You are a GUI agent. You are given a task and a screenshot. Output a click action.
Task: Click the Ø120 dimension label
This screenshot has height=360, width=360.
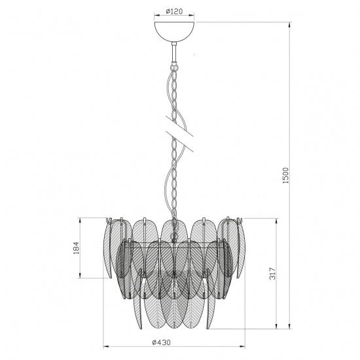coord(173,11)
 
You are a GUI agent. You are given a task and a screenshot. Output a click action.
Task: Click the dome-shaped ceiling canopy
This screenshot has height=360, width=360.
coord(174,31)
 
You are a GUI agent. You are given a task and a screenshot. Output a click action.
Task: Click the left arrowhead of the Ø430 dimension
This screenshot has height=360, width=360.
coord(81,347)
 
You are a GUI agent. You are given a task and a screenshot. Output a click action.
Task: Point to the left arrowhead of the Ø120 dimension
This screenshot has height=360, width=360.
coord(154,17)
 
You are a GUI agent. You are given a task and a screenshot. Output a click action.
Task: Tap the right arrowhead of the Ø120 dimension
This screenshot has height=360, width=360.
coord(194,17)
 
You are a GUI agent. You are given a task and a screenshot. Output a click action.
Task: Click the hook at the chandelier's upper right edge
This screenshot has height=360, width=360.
coord(238,221)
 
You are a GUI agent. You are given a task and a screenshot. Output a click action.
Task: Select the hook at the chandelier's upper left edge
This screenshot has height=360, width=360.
coord(111,221)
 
